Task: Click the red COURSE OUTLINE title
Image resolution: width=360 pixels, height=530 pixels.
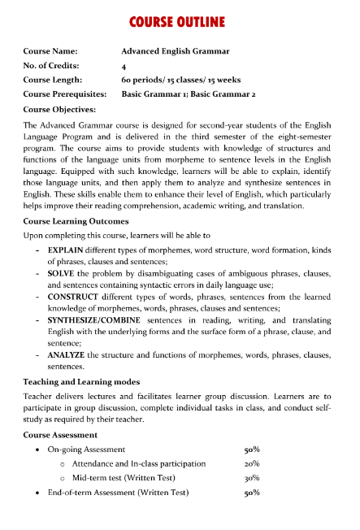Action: click(x=180, y=20)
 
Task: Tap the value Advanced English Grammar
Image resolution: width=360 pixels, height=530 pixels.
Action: click(x=175, y=51)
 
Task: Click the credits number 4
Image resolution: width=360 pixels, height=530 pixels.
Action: click(x=124, y=66)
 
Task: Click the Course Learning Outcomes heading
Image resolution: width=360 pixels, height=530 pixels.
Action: click(x=76, y=221)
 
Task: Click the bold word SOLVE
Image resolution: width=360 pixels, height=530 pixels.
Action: click(x=62, y=273)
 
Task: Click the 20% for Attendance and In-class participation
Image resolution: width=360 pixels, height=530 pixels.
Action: click(x=252, y=463)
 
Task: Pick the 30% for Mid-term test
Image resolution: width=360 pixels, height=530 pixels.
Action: click(x=252, y=478)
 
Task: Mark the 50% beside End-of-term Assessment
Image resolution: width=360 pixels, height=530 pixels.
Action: click(x=252, y=493)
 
